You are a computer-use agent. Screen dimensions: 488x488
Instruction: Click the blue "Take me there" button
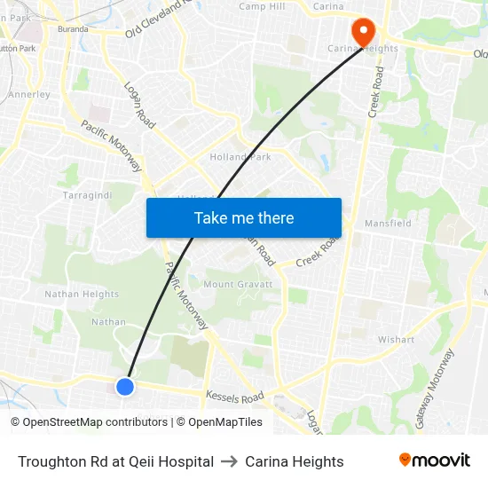(244, 217)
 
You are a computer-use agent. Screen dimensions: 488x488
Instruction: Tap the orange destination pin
(362, 33)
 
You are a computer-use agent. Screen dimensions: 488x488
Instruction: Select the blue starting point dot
(125, 386)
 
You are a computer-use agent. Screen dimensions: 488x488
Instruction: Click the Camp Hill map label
(262, 6)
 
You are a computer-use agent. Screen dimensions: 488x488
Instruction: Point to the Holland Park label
(240, 157)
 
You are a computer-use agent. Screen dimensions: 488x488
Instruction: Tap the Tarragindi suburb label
(86, 193)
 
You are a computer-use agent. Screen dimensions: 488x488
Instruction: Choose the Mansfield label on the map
(388, 224)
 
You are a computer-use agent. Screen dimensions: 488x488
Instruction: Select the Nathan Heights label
(82, 294)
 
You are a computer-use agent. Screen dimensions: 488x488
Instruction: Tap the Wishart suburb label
(396, 339)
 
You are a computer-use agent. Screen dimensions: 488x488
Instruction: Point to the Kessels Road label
(235, 397)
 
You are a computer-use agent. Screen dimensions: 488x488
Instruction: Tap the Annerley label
(29, 94)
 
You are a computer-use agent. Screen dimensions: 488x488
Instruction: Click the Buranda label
(73, 28)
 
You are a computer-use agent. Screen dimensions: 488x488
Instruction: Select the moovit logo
(435, 460)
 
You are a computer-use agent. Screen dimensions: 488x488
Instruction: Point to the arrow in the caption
(229, 461)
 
